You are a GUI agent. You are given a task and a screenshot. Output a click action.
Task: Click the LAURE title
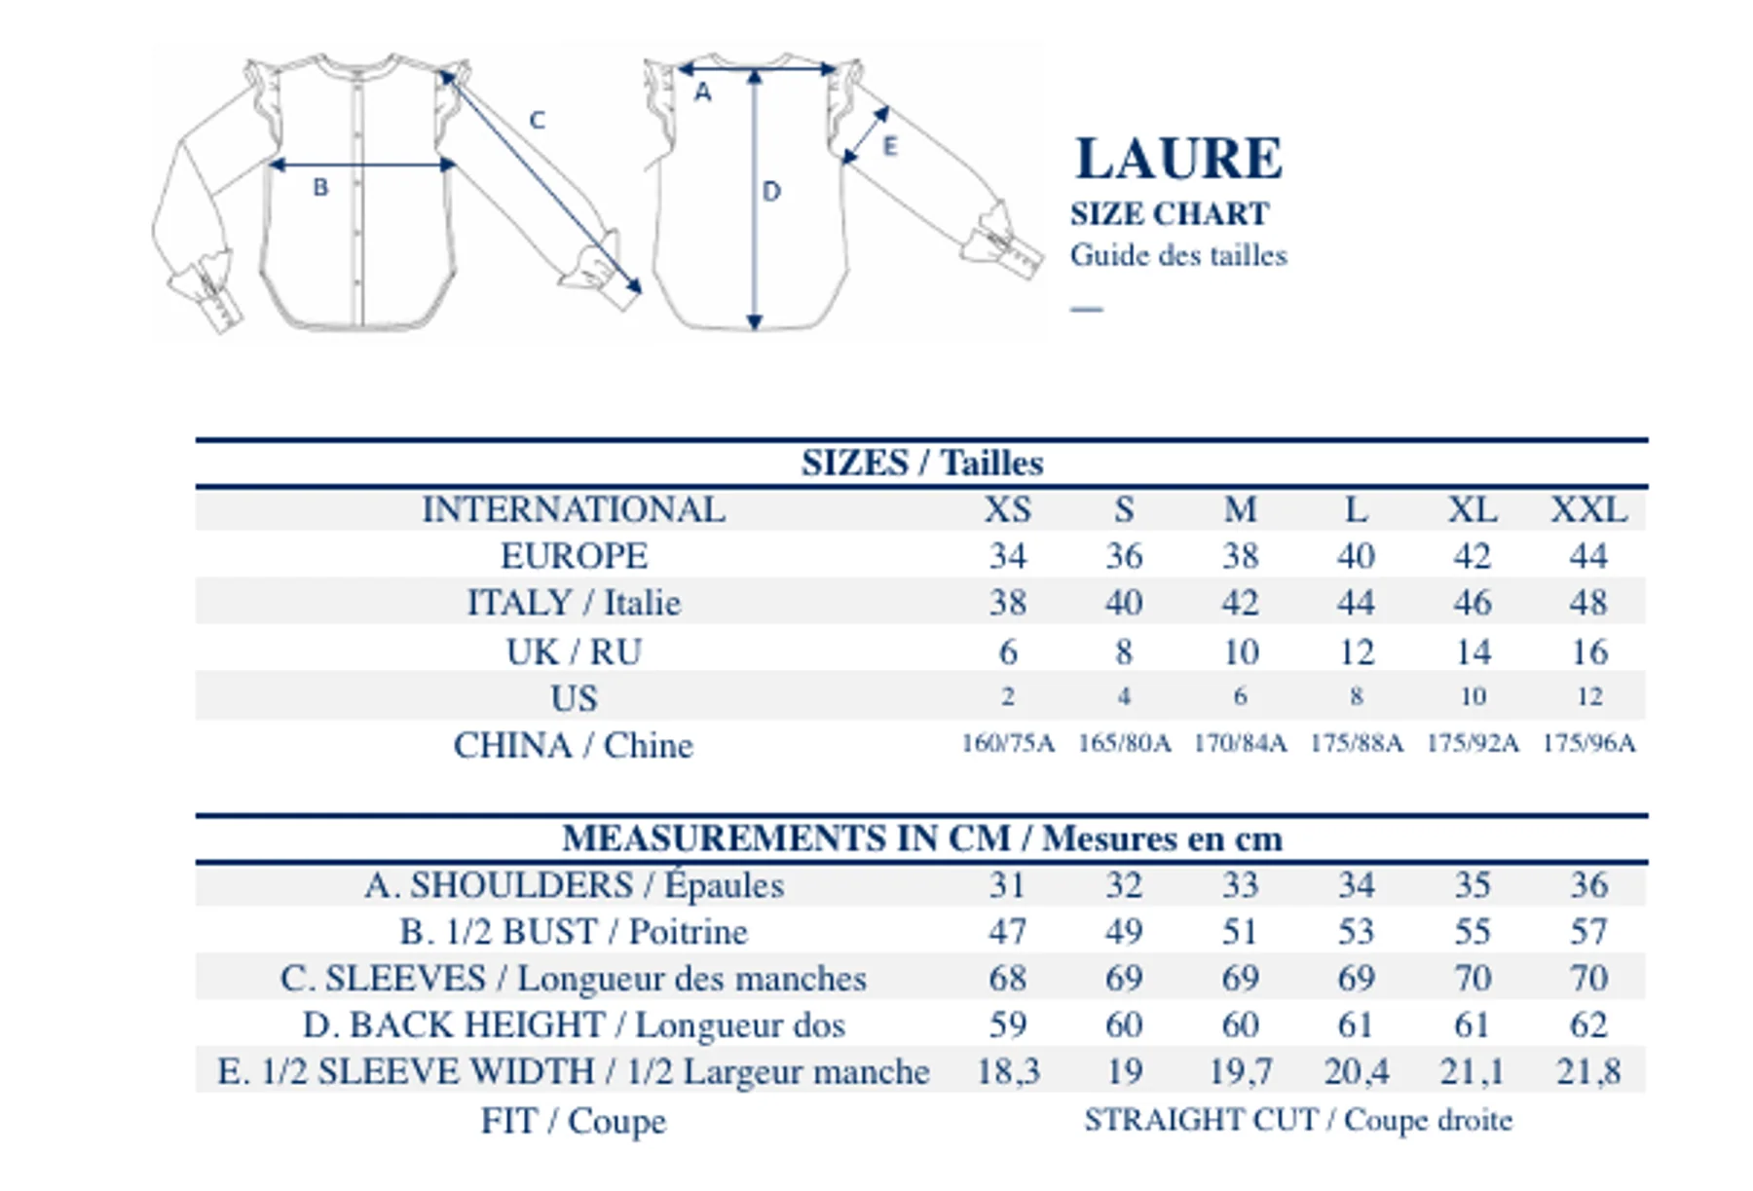[x=1178, y=159]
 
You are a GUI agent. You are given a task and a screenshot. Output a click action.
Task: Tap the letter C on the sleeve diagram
[x=537, y=120]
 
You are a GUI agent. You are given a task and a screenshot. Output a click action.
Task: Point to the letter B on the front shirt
[x=320, y=187]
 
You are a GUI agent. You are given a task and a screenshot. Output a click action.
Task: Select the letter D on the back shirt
[x=771, y=191]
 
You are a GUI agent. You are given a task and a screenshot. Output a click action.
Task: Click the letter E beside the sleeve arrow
[x=889, y=146]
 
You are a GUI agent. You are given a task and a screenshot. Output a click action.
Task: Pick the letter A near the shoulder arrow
[x=702, y=93]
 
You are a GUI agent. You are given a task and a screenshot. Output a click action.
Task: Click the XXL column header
[x=1588, y=509]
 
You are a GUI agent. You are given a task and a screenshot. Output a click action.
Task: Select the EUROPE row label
[x=574, y=556]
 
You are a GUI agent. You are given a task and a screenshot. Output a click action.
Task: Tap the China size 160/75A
[x=1008, y=743]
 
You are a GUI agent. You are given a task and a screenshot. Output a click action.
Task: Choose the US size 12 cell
[x=1589, y=696]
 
